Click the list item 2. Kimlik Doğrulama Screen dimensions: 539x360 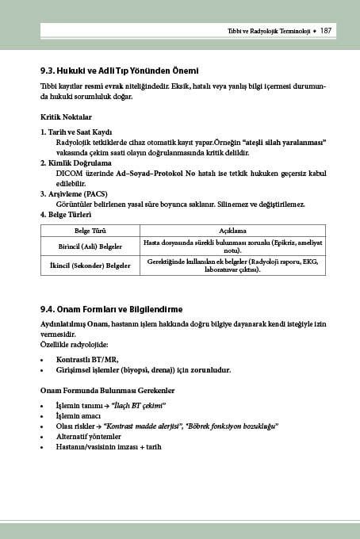tap(78, 162)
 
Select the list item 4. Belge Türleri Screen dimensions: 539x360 tap(67, 214)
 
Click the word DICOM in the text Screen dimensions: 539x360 tap(69, 172)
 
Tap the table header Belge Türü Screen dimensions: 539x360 tap(90, 231)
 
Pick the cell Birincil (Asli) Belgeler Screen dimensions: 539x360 tap(90, 246)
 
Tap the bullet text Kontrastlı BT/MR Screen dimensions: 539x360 tap(88, 359)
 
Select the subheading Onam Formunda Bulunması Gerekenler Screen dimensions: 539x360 tap(107, 391)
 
